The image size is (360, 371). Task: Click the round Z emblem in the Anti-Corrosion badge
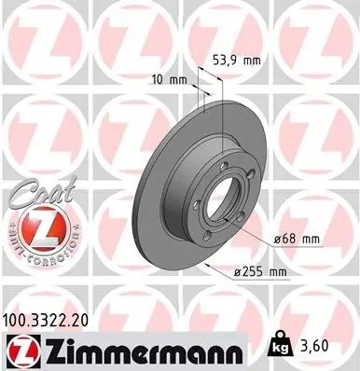(x=33, y=227)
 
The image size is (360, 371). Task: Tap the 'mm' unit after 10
(x=177, y=80)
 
